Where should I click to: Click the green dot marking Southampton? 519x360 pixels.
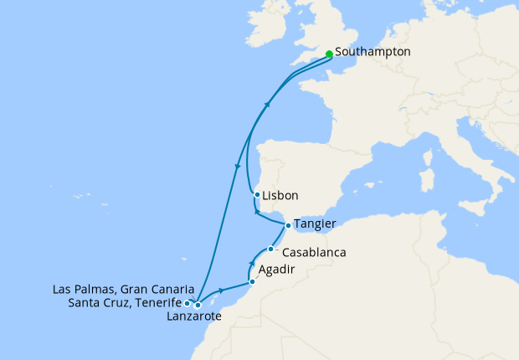pos(329,54)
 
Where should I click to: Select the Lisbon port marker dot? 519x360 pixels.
pos(257,195)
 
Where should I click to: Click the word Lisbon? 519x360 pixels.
pos(280,198)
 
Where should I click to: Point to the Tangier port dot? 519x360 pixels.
pos(288,225)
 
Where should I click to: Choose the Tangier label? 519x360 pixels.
pos(315,224)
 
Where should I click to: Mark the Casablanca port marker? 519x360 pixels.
pos(270,249)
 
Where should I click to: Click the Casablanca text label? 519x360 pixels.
pos(314,252)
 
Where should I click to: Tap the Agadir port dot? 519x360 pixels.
pos(252,281)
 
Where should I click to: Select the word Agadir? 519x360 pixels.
pos(277,271)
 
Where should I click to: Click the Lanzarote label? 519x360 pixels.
pos(194,316)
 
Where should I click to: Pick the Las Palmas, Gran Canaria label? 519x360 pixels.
pos(123,289)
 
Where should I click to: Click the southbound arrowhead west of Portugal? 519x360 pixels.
pos(239,165)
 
